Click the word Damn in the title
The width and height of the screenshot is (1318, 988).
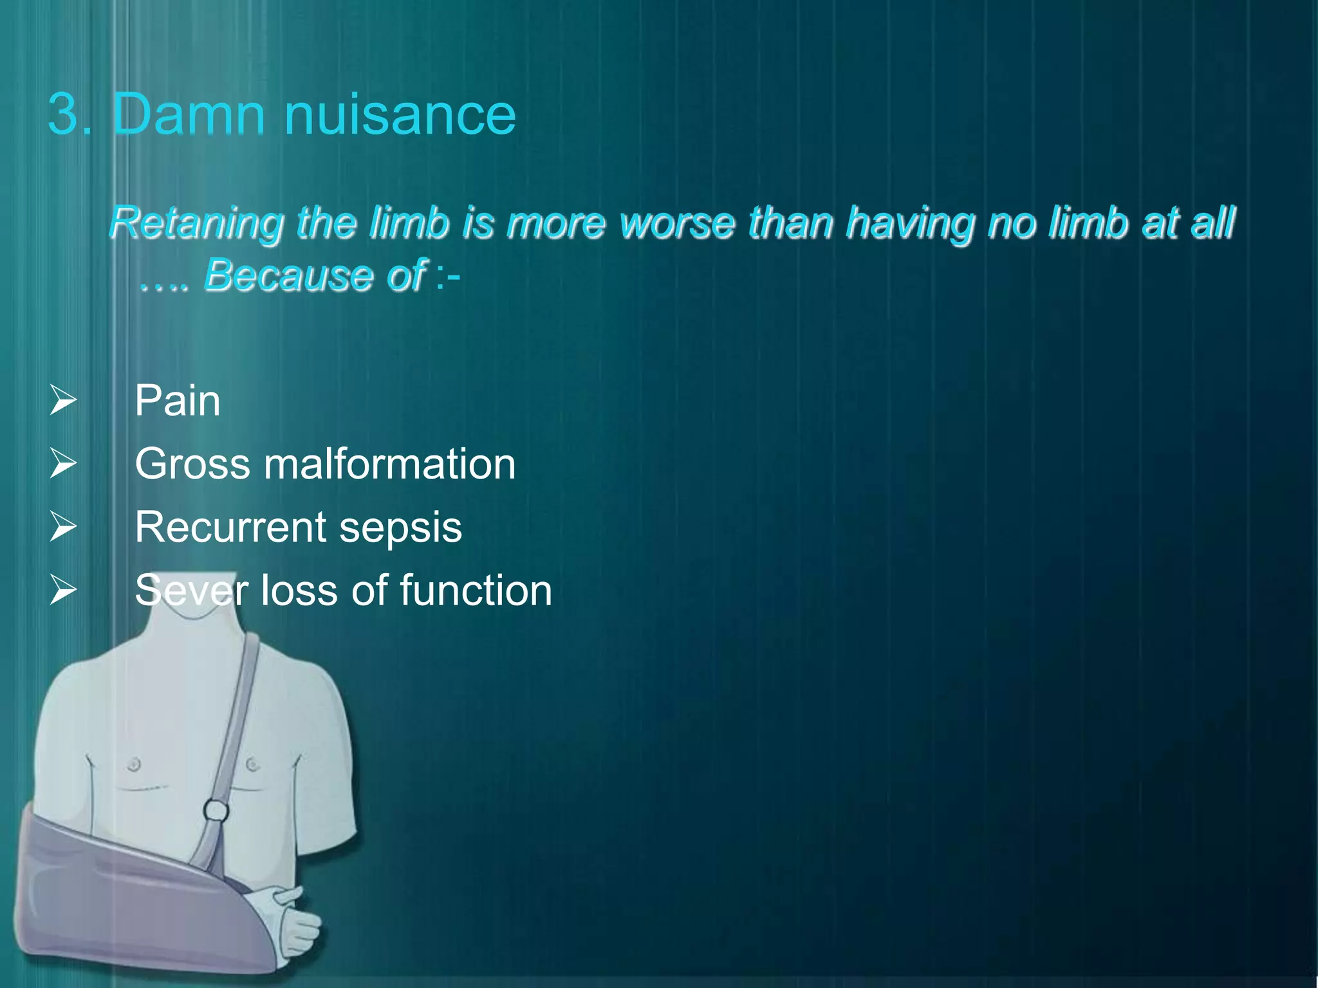click(x=188, y=114)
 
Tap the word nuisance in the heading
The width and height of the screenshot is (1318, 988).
click(x=400, y=116)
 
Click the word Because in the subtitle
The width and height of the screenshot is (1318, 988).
click(x=288, y=275)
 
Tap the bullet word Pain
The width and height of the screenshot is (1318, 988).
click(x=178, y=401)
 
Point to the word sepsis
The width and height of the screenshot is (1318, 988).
click(x=400, y=528)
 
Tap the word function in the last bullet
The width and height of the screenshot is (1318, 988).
click(x=476, y=590)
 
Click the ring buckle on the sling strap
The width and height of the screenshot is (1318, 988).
click(x=216, y=810)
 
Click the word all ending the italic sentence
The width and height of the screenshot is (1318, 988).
click(x=1212, y=223)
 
